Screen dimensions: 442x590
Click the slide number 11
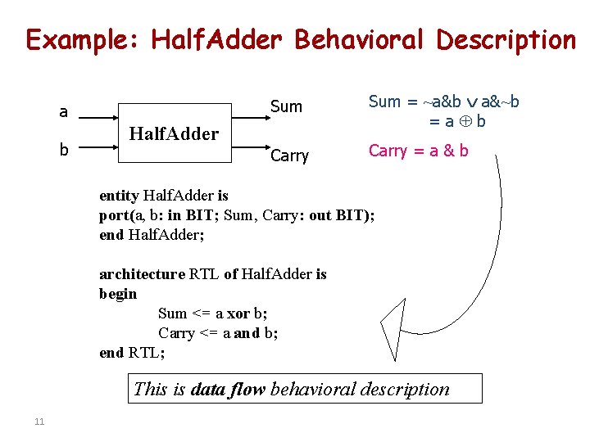pyautogui.click(x=39, y=422)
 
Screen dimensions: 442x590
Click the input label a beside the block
pyautogui.click(x=63, y=112)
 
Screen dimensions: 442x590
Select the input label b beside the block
pyautogui.click(x=63, y=150)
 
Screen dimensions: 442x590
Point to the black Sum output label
pyautogui.click(x=286, y=106)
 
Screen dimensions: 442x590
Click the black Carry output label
pyautogui.click(x=289, y=156)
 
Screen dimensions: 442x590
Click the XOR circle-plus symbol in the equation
pyautogui.click(x=464, y=121)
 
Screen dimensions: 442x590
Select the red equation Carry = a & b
pyautogui.click(x=418, y=150)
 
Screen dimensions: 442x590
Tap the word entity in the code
pyautogui.click(x=119, y=196)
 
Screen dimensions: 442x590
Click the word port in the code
pyautogui.click(x=114, y=215)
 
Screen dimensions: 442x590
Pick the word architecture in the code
pyautogui.click(x=142, y=274)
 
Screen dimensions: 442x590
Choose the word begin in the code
pyautogui.click(x=118, y=294)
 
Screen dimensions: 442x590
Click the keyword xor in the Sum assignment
pyautogui.click(x=238, y=313)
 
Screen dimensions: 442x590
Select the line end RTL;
pyautogui.click(x=132, y=353)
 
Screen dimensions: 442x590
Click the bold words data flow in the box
pyautogui.click(x=227, y=389)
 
